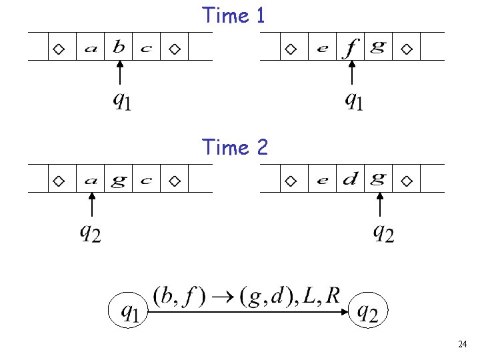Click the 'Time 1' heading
234,15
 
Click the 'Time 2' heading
235,147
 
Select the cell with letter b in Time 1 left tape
119,47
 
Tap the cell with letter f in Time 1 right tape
351,47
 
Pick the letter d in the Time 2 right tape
351,179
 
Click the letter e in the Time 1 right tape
323,49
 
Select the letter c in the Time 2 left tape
147,181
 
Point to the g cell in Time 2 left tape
119,181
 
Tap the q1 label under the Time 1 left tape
121,101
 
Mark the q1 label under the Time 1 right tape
353,101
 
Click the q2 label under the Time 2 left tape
91,233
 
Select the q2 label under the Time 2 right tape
383,233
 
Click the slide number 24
463,344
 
